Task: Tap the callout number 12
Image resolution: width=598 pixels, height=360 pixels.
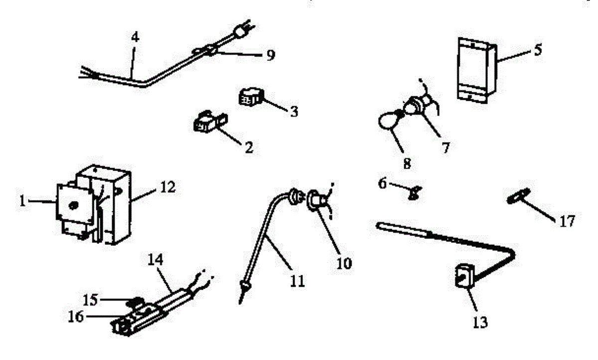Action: tap(168, 188)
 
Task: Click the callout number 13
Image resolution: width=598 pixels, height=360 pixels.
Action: tap(480, 323)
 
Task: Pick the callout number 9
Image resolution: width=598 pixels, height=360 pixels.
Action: tap(270, 55)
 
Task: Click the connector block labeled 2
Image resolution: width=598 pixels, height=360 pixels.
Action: tap(205, 123)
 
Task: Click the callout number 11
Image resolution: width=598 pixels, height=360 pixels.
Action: tap(298, 281)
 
